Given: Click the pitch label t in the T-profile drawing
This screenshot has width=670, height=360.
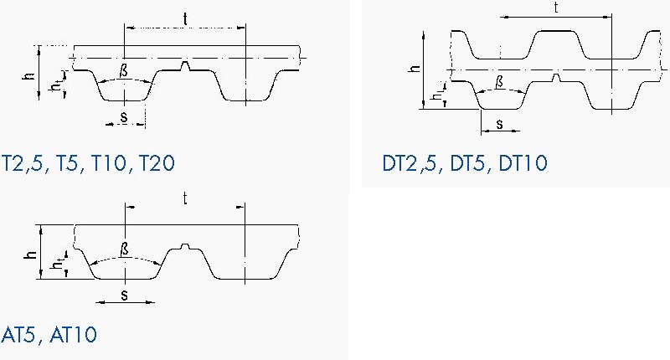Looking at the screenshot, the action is (x=185, y=19).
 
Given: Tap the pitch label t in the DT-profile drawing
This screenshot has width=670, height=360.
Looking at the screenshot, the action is (x=556, y=8).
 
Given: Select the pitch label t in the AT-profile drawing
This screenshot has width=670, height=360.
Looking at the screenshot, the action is (x=185, y=198).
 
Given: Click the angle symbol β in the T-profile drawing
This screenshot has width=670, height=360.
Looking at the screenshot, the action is (x=124, y=71).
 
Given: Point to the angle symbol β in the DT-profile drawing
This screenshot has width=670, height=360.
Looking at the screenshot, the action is (x=499, y=82).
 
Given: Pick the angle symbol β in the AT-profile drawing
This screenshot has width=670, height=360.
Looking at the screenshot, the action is (x=124, y=249).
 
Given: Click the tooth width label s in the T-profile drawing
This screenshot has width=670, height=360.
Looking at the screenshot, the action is (x=124, y=117).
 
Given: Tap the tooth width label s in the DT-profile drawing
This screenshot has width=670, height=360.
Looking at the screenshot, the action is (x=499, y=124).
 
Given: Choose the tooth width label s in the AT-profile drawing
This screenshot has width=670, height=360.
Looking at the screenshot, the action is (x=124, y=295).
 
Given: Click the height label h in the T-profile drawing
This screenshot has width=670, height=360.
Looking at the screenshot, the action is (x=29, y=76).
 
